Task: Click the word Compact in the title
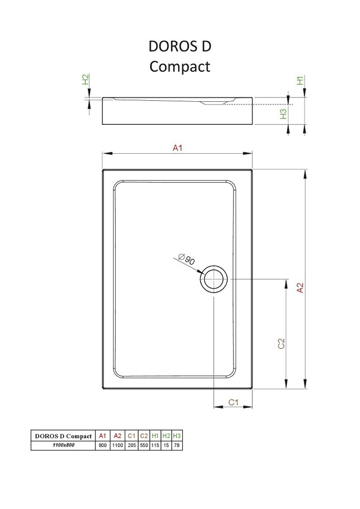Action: click(180, 66)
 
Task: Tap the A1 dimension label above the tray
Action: click(177, 148)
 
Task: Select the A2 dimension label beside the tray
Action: click(301, 288)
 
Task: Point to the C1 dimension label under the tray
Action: click(234, 402)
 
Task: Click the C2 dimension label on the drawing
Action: click(281, 343)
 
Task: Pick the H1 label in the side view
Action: click(301, 80)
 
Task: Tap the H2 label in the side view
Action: click(85, 79)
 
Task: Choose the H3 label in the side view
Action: click(283, 114)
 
